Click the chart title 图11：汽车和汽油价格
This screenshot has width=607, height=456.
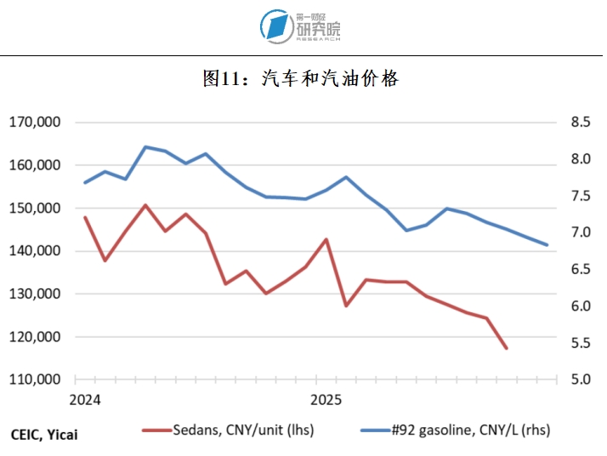click(301, 79)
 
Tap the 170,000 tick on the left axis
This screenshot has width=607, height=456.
click(34, 123)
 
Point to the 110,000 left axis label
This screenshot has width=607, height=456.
click(34, 379)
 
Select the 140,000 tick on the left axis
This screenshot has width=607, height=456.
click(34, 251)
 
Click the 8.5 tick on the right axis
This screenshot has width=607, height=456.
click(581, 123)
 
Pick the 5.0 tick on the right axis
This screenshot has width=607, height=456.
click(581, 379)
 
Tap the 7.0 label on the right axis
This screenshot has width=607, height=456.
click(581, 232)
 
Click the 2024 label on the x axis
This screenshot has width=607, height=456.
click(85, 400)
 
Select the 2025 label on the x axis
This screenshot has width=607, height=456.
click(326, 400)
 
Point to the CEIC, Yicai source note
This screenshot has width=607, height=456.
click(48, 433)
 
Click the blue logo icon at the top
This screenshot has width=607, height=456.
click(275, 26)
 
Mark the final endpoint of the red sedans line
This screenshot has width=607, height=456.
click(506, 348)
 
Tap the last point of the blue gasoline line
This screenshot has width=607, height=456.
click(547, 245)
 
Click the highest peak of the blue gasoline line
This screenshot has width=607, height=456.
click(145, 147)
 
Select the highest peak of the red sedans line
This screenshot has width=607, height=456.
click(145, 205)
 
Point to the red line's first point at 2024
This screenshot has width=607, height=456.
click(85, 217)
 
